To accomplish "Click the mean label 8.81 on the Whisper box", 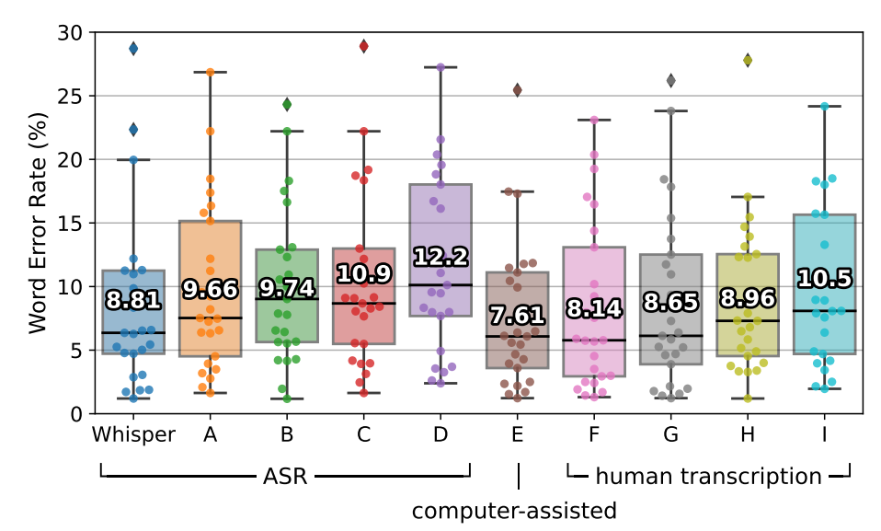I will (x=133, y=299).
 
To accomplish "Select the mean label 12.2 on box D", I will (x=441, y=257).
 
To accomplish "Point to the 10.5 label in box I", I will (x=825, y=279).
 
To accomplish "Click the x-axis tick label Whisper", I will (x=133, y=433).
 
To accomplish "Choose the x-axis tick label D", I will (x=441, y=433).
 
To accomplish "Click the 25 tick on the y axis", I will (x=70, y=97).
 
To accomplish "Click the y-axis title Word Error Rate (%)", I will (x=37, y=223).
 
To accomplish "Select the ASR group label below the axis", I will (x=286, y=476).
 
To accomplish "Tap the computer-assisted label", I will (x=514, y=510).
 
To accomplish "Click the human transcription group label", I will (x=708, y=476).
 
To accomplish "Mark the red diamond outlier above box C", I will (x=364, y=46).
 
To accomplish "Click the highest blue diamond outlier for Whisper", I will (x=133, y=49).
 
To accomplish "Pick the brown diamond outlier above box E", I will (x=518, y=90).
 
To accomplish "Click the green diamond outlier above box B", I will (x=287, y=105).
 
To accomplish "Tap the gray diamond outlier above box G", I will (x=671, y=81).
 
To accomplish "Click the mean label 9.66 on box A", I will (x=211, y=290).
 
